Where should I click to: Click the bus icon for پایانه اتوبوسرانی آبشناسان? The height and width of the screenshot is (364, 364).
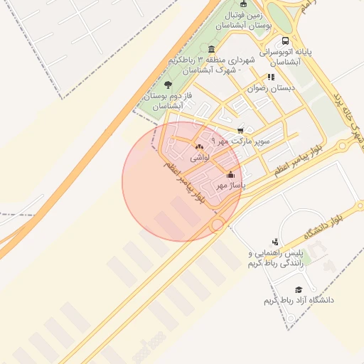point(285,41)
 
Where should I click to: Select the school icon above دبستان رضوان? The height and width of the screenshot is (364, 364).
point(270,77)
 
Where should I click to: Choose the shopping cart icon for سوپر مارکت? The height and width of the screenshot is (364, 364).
point(240,130)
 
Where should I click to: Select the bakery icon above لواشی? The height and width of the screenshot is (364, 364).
point(198,147)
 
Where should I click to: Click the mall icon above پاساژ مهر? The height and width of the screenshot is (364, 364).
point(230,175)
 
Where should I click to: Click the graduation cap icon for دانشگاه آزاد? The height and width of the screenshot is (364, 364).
point(299,289)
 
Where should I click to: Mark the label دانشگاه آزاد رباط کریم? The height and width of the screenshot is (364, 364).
point(299,301)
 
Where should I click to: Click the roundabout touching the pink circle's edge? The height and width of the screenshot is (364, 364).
point(218,225)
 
